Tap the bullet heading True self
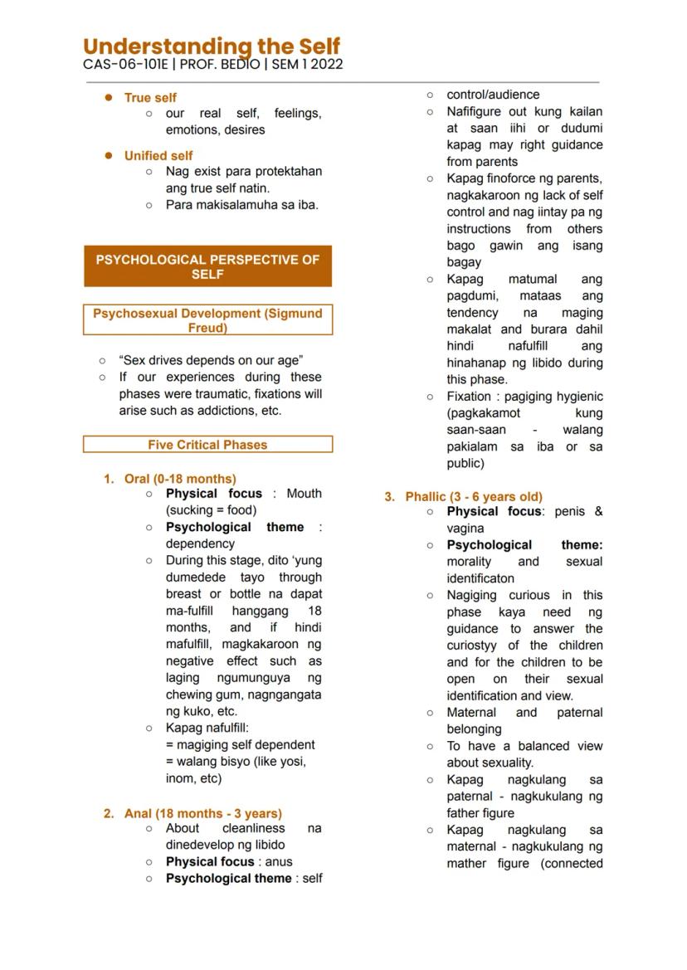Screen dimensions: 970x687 (x=150, y=97)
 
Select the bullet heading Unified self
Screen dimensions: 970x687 (x=158, y=155)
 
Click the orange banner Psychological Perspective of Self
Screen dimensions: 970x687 (x=207, y=266)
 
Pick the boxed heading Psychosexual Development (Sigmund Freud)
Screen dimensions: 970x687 (x=207, y=320)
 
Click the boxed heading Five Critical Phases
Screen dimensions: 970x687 (x=207, y=445)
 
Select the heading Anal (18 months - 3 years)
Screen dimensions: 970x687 (x=202, y=813)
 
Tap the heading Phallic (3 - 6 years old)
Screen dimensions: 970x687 (x=474, y=496)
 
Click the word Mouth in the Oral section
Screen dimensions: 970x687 (x=304, y=494)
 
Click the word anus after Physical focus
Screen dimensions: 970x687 (x=279, y=861)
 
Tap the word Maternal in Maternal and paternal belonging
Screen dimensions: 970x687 (x=471, y=712)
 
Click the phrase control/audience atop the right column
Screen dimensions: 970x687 (x=493, y=95)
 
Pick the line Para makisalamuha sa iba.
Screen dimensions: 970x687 (x=241, y=204)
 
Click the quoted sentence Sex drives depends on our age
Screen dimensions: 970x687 (x=211, y=360)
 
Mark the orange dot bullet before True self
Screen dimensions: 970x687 (x=108, y=97)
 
